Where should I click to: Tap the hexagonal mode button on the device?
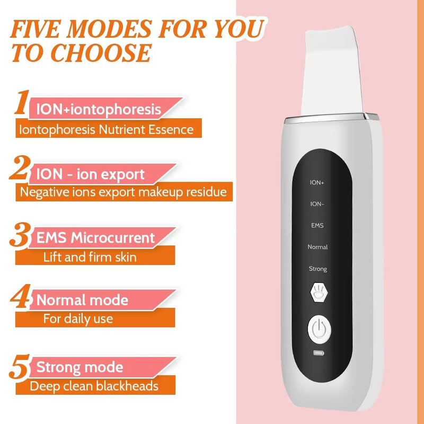pos(317,293)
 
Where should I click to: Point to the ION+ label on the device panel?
pos(317,182)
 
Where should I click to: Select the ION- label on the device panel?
pos(317,204)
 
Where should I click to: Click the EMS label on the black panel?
pos(317,225)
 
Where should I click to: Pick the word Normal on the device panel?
pos(317,247)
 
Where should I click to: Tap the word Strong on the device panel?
pos(317,269)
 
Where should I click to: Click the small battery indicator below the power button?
pos(317,354)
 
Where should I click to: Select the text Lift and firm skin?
pos(90,257)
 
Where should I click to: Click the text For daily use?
pos(78,319)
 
